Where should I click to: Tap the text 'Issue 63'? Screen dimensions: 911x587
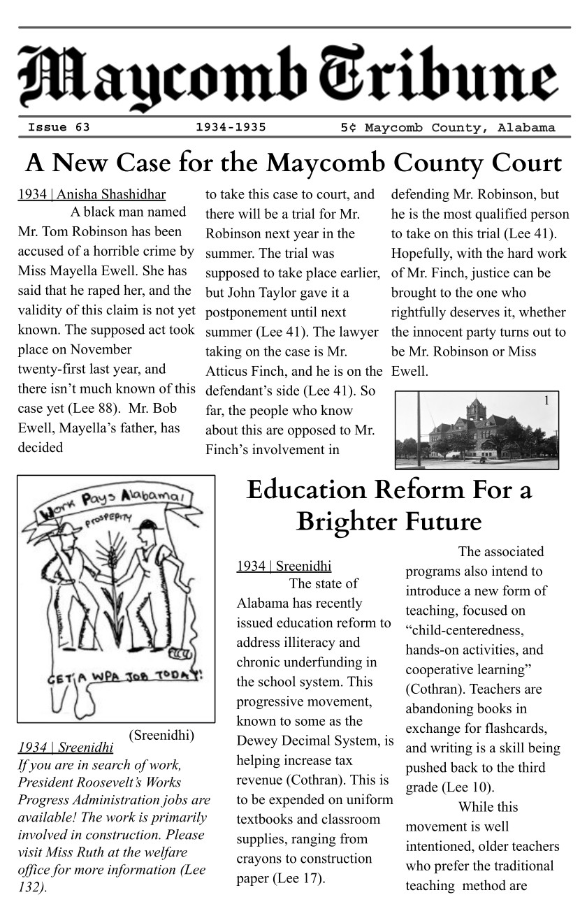(59, 127)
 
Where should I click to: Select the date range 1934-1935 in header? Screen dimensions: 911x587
(231, 127)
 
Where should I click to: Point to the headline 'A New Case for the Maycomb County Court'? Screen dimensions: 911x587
(293, 163)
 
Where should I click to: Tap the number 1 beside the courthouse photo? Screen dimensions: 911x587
(546, 400)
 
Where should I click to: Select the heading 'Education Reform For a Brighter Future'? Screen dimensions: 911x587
(389, 506)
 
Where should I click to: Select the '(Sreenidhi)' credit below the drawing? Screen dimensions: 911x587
(161, 735)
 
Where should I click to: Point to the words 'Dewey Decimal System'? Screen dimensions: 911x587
(314, 741)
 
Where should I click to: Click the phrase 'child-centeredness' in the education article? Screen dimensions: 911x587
(464, 630)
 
